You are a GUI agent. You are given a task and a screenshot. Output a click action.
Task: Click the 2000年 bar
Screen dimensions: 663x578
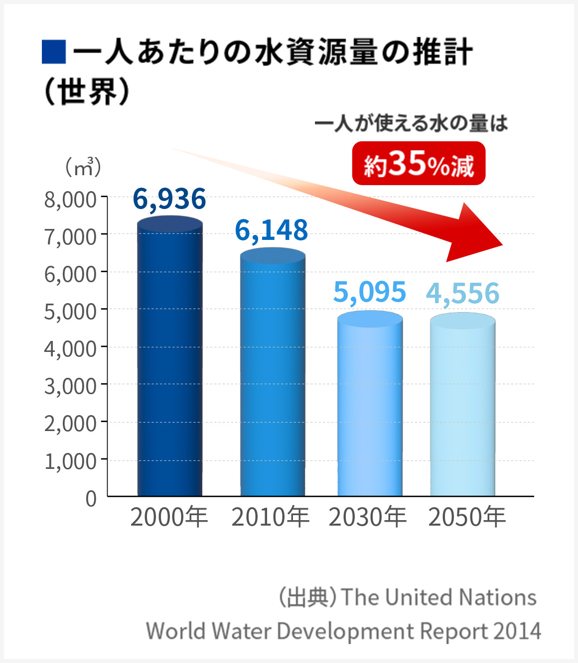[170, 358]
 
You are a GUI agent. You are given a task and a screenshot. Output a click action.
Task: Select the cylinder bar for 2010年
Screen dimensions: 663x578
[273, 373]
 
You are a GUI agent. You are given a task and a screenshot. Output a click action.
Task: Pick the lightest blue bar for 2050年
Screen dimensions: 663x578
[462, 406]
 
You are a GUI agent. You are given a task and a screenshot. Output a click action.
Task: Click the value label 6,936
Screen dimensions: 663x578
[169, 199]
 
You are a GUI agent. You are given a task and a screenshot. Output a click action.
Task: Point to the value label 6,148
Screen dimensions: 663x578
[272, 230]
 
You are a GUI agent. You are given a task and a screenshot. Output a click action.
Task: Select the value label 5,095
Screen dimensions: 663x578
[370, 292]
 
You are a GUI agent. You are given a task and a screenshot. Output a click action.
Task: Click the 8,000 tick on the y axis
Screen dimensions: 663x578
[70, 200]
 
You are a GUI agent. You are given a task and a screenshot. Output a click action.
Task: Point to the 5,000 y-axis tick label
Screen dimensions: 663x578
[70, 312]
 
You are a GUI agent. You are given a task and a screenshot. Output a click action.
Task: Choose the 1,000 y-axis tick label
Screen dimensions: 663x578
[70, 461]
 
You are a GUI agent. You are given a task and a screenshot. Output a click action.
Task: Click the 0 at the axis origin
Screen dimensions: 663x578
[91, 498]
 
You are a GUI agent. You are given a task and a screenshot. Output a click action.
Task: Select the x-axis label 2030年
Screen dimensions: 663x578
[368, 517]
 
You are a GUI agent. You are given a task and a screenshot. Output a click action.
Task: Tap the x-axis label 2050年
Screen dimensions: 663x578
[467, 517]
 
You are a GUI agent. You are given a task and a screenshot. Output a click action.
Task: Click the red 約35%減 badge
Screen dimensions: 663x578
[419, 164]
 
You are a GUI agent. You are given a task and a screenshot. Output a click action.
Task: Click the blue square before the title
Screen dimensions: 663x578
[54, 52]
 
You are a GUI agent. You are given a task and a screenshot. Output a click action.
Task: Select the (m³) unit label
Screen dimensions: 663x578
[83, 168]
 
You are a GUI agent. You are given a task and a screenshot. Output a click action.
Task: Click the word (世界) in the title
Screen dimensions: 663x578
[87, 92]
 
